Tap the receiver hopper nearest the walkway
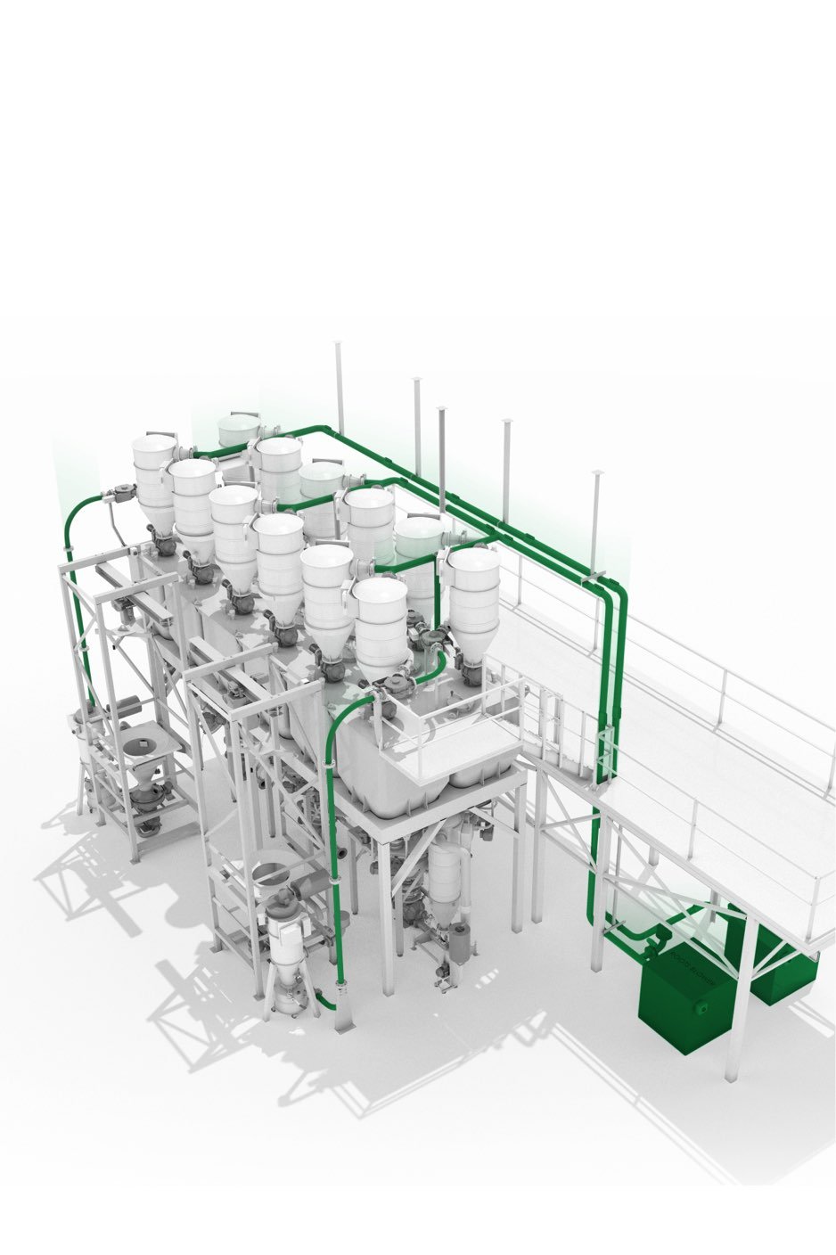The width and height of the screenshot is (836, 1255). click(473, 593)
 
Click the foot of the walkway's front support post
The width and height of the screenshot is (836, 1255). click(732, 1075)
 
